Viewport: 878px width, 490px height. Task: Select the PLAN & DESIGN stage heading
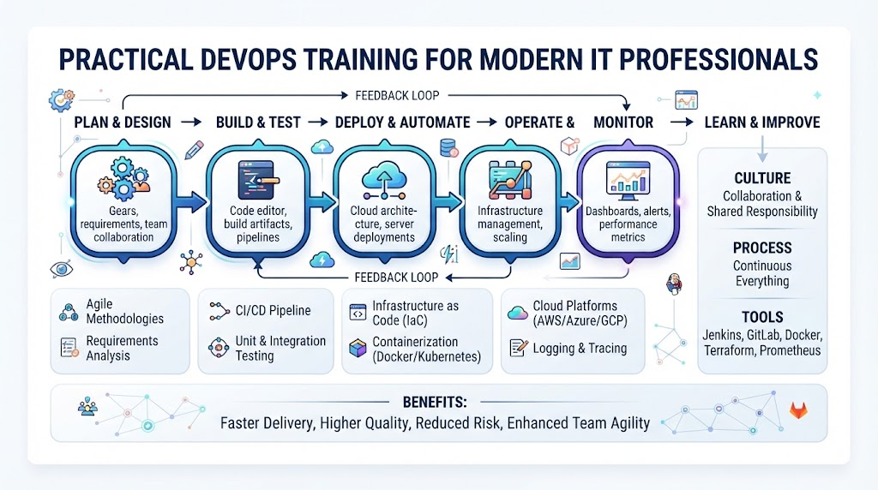(123, 122)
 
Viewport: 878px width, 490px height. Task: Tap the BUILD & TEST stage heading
(258, 122)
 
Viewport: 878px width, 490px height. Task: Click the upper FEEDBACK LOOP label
(397, 96)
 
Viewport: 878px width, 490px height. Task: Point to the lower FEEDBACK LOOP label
(396, 278)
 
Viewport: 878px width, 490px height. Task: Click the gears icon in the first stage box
(123, 178)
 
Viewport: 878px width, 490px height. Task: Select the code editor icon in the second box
(258, 180)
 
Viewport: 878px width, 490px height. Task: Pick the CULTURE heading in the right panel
(762, 178)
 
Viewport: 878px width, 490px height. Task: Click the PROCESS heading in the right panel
(762, 248)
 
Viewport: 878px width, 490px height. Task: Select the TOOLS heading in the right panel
(762, 317)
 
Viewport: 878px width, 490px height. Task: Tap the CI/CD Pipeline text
(273, 310)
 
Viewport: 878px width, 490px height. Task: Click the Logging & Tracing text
(580, 349)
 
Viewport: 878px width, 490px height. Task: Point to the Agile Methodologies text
(125, 312)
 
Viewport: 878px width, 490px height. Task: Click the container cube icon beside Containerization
(358, 349)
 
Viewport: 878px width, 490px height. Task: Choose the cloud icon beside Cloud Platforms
(517, 313)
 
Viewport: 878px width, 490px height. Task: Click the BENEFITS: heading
(435, 402)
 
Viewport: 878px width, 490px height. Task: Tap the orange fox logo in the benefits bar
(798, 410)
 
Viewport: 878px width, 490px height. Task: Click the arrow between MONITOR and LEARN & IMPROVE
(682, 122)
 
